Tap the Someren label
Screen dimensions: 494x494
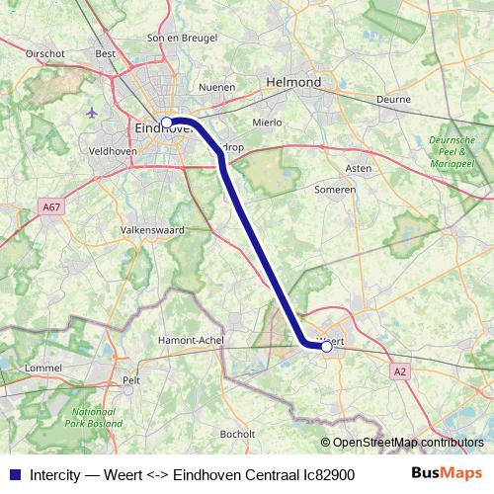[334, 189]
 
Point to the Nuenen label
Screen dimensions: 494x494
[217, 87]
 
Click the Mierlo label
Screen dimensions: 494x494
[267, 123]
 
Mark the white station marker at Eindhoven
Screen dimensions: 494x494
[167, 123]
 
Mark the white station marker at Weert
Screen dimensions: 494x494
[326, 346]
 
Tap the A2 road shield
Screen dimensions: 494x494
[399, 371]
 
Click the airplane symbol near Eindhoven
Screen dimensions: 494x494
[93, 112]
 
